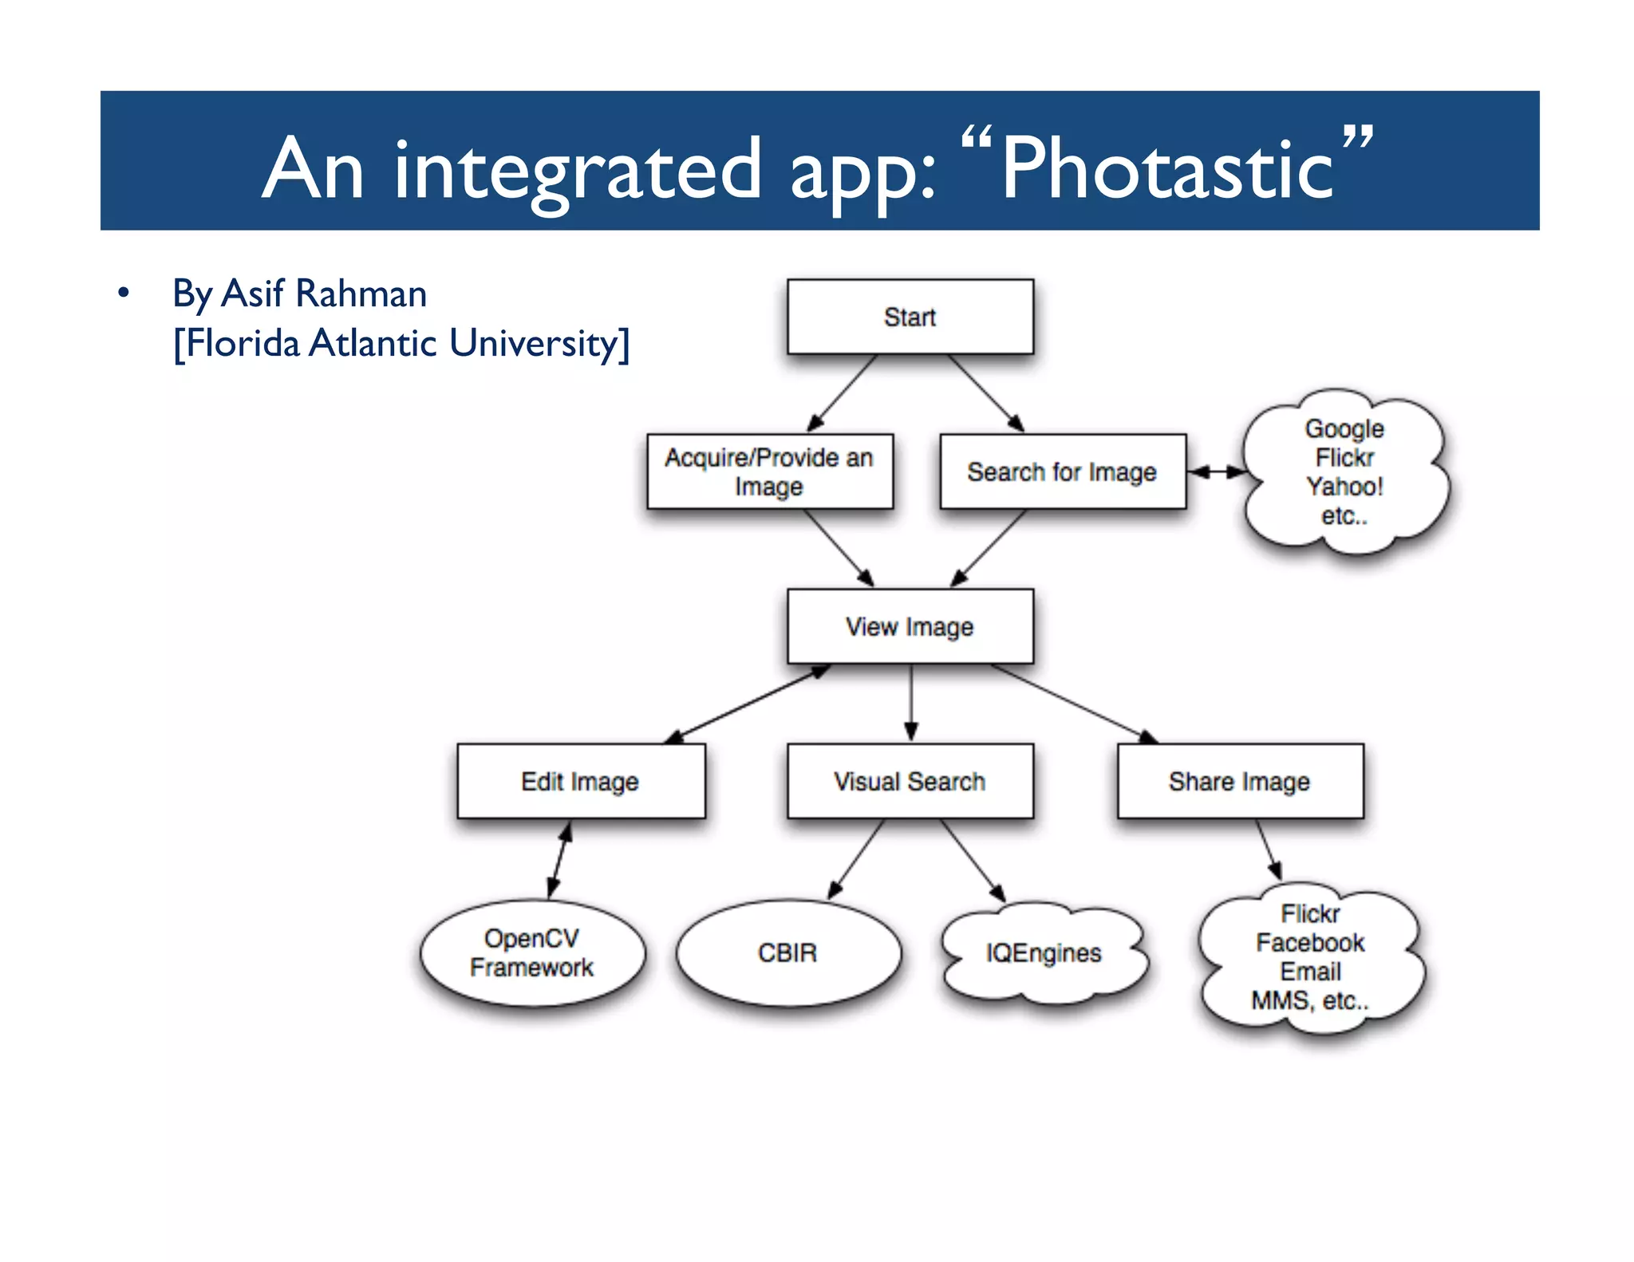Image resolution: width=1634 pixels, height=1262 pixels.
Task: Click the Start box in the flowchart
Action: [x=910, y=317]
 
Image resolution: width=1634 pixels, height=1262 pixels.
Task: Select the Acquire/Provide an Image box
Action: [x=769, y=471]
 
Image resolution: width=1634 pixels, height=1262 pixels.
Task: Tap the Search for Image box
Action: [x=1062, y=471]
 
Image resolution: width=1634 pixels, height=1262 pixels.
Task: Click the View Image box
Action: [x=910, y=626]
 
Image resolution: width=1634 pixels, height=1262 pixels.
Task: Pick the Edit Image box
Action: [x=580, y=781]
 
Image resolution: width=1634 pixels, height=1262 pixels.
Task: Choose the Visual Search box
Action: [x=910, y=781]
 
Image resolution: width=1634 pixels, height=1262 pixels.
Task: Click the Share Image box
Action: [x=1239, y=781]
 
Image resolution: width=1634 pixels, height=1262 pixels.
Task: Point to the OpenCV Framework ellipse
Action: [x=531, y=952]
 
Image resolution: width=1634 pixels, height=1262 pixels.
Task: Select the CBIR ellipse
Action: [x=787, y=952]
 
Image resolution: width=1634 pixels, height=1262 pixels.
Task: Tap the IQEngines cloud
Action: [x=1044, y=952]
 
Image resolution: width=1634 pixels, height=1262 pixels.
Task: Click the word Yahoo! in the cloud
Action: [x=1344, y=486]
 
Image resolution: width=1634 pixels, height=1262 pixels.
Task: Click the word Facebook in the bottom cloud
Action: [x=1310, y=942]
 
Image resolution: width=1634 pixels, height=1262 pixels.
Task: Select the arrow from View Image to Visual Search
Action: [x=911, y=702]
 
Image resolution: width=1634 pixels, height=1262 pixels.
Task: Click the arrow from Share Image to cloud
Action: [x=1269, y=850]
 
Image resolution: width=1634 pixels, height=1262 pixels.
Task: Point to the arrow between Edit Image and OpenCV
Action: [x=559, y=860]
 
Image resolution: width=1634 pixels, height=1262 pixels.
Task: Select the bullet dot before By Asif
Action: [x=123, y=293]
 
